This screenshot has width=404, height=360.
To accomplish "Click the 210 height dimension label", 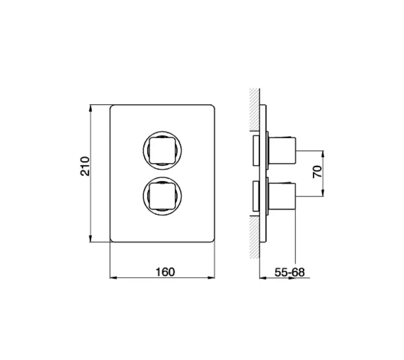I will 85,166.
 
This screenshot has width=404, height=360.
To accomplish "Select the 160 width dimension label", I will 165,272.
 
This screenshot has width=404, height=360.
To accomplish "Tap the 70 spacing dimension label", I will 317,171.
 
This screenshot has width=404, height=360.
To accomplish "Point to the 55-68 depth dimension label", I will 290,272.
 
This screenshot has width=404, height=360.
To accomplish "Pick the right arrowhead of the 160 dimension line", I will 215,278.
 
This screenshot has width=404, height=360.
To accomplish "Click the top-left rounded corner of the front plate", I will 112,107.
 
